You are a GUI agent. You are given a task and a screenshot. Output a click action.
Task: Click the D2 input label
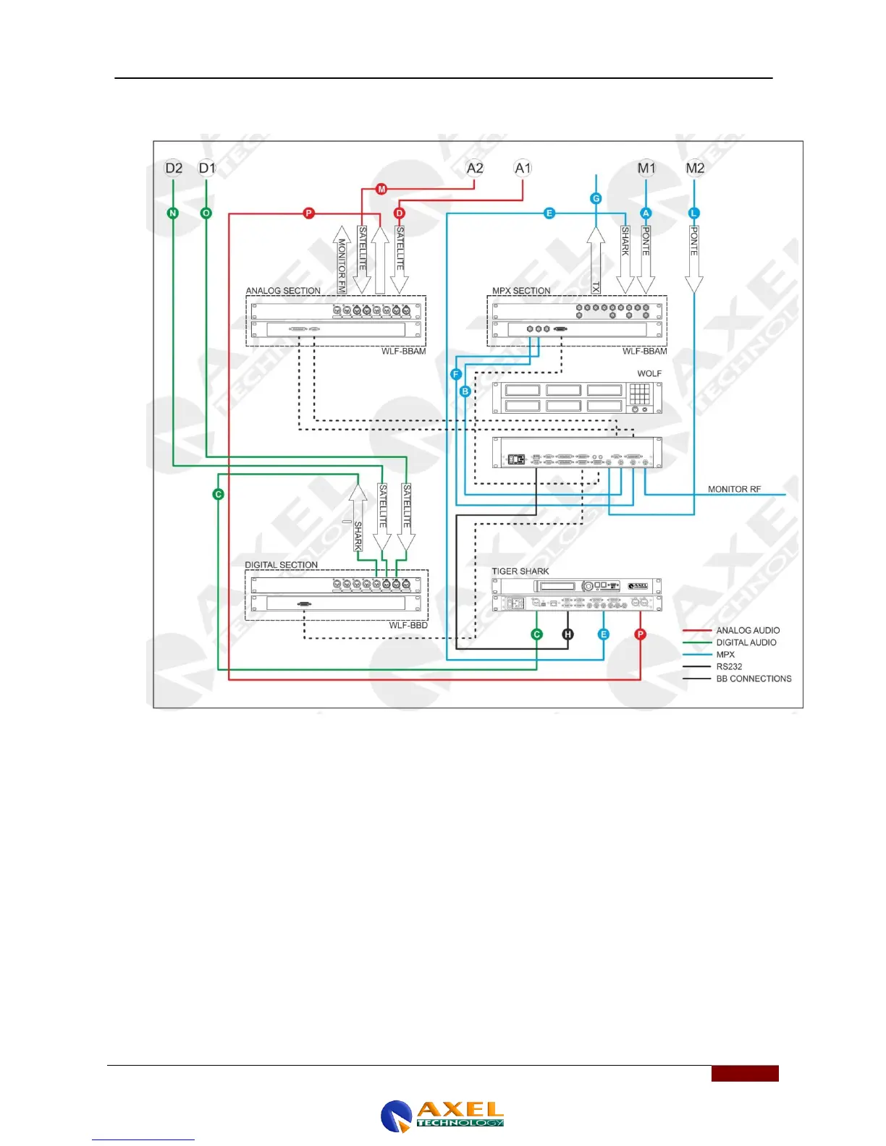(174, 169)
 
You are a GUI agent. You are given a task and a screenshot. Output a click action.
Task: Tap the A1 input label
(523, 169)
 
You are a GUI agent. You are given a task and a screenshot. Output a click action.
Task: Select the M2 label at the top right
(695, 169)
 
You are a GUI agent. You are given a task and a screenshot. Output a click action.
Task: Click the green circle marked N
(173, 213)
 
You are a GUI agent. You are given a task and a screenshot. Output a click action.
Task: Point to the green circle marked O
(206, 213)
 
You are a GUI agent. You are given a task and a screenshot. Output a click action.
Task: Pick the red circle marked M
(381, 190)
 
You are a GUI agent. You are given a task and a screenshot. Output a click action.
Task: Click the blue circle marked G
(596, 198)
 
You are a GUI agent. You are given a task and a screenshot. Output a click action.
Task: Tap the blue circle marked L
(694, 213)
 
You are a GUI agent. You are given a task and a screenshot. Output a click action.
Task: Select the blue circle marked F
(456, 374)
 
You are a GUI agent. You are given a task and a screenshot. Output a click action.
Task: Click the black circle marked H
(568, 634)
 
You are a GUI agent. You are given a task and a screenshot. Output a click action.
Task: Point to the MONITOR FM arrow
(342, 260)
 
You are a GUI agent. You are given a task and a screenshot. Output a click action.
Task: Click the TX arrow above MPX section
(596, 260)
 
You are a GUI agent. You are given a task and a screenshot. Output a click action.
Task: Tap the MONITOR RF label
(734, 490)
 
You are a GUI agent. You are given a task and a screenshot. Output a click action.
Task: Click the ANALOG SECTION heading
(283, 291)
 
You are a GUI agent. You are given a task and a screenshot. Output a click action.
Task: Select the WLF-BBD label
(408, 625)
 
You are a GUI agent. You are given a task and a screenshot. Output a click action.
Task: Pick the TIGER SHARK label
(520, 572)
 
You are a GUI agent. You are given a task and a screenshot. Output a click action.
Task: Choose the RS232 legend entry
(729, 666)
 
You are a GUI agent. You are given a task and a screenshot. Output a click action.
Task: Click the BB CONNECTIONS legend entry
(754, 679)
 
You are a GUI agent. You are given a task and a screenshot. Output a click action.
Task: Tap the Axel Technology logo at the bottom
(442, 1115)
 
